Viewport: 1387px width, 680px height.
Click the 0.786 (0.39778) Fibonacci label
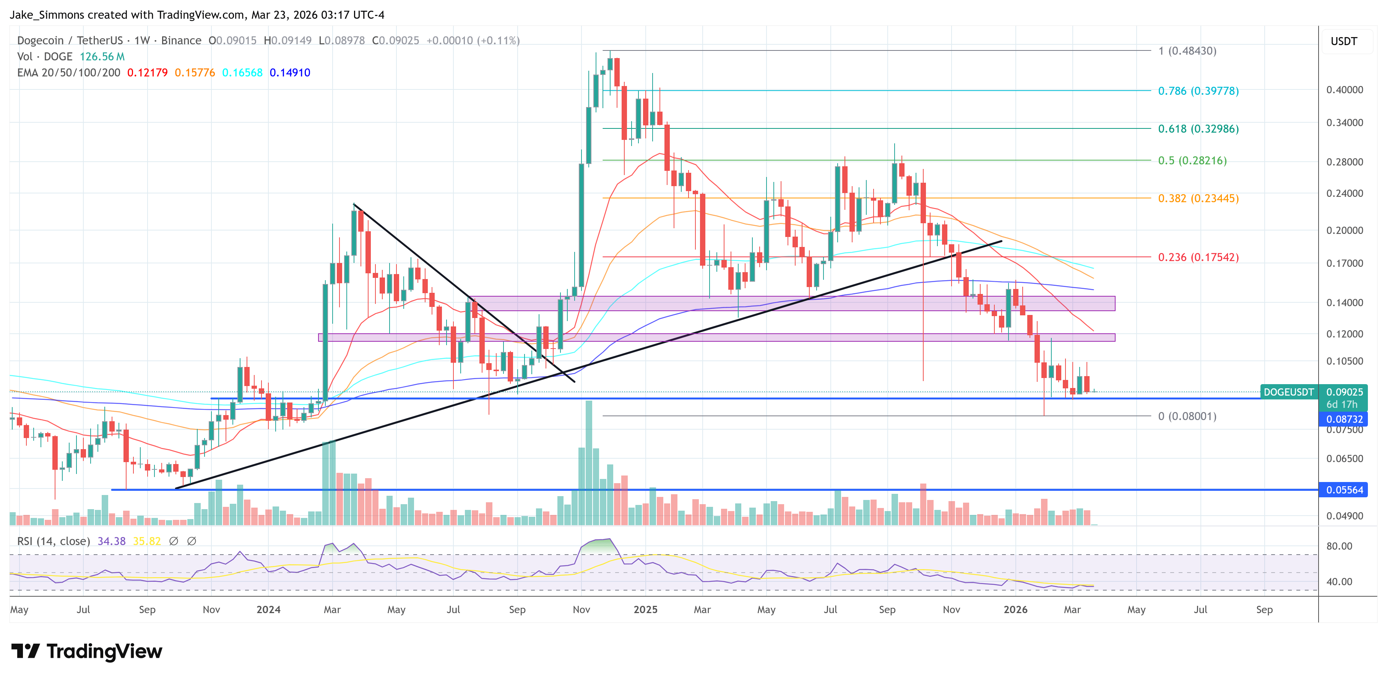pyautogui.click(x=1198, y=91)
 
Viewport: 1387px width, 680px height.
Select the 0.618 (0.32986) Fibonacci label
pyautogui.click(x=1198, y=129)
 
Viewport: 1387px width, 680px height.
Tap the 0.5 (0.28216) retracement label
pyautogui.click(x=1192, y=161)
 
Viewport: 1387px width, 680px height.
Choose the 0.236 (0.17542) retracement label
pyautogui.click(x=1198, y=257)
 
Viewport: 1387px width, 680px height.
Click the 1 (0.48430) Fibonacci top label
pyautogui.click(x=1187, y=51)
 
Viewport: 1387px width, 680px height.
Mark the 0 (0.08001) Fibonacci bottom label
pyautogui.click(x=1187, y=416)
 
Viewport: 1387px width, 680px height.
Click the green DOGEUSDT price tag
pyautogui.click(x=1288, y=392)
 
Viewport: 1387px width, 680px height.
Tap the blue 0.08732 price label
pyautogui.click(x=1344, y=419)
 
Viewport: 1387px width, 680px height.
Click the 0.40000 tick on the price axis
pyautogui.click(x=1344, y=90)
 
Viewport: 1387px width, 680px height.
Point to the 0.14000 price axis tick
pyautogui.click(x=1344, y=303)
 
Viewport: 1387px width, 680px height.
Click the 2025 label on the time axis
pyautogui.click(x=645, y=609)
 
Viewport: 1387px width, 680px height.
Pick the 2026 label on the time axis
pyautogui.click(x=1015, y=609)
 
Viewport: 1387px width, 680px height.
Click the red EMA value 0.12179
pyautogui.click(x=147, y=73)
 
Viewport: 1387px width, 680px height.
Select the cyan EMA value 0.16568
pyautogui.click(x=242, y=73)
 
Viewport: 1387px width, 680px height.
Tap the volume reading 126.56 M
pyautogui.click(x=102, y=57)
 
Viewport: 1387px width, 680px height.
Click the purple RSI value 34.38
pyautogui.click(x=111, y=541)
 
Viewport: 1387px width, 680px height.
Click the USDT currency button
pyautogui.click(x=1343, y=41)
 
